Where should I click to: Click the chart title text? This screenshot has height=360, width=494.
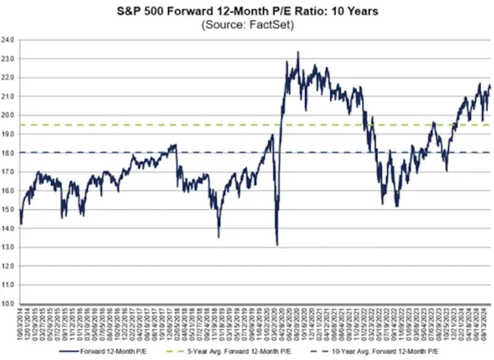[247, 11]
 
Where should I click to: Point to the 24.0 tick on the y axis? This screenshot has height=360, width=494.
[9, 40]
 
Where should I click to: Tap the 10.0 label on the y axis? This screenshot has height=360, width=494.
[9, 304]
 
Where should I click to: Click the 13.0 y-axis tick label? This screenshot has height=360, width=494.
[9, 247]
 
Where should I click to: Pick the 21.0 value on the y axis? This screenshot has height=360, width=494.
[9, 96]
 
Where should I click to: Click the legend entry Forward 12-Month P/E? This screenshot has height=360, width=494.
[124, 350]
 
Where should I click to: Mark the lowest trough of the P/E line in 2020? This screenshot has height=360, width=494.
[277, 245]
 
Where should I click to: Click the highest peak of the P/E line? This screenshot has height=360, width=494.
[298, 52]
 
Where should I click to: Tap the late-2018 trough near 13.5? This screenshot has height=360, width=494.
[219, 237]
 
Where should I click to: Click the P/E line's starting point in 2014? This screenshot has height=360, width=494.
[20, 224]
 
